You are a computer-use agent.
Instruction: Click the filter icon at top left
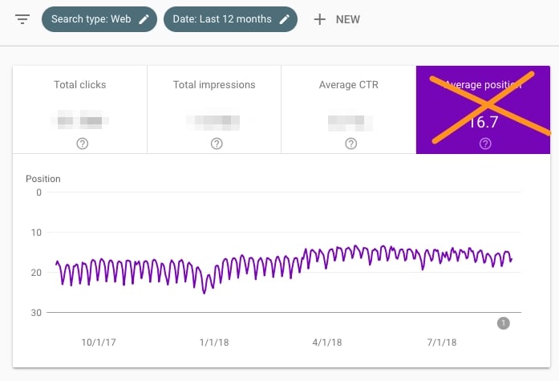pos(22,19)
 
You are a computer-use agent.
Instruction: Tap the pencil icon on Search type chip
pos(144,19)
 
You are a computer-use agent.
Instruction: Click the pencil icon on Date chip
pos(285,19)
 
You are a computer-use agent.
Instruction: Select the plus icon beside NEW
pos(319,19)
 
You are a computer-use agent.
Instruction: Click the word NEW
pos(348,19)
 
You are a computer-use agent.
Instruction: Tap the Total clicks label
pos(79,84)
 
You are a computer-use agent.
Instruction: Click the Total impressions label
pos(214,84)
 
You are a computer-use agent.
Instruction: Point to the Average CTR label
pos(349,84)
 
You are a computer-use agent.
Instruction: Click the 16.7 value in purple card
pos(484,122)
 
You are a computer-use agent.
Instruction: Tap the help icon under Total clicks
pos(82,144)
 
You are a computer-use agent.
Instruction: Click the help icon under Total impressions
pos(217,144)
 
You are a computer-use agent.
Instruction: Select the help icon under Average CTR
pos(350,144)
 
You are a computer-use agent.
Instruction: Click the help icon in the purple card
pos(484,144)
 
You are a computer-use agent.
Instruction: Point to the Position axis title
pos(43,179)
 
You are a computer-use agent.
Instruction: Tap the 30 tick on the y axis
pos(36,312)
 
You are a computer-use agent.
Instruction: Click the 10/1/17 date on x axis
pos(98,342)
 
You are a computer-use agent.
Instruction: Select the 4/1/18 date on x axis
pos(326,342)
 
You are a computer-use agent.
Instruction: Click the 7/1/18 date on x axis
pos(441,342)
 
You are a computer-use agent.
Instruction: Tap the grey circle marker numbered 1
pos(504,323)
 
